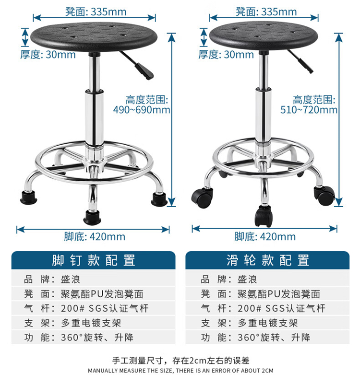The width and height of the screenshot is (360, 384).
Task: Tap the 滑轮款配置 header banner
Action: (x=268, y=260)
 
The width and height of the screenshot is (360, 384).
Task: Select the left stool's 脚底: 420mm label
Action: (x=95, y=236)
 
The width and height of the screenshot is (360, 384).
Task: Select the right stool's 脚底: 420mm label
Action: (x=265, y=236)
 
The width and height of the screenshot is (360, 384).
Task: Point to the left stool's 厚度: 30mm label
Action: (x=48, y=54)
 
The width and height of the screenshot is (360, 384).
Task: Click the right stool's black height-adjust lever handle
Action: (x=305, y=66)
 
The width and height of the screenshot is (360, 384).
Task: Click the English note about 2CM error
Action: (x=180, y=371)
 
